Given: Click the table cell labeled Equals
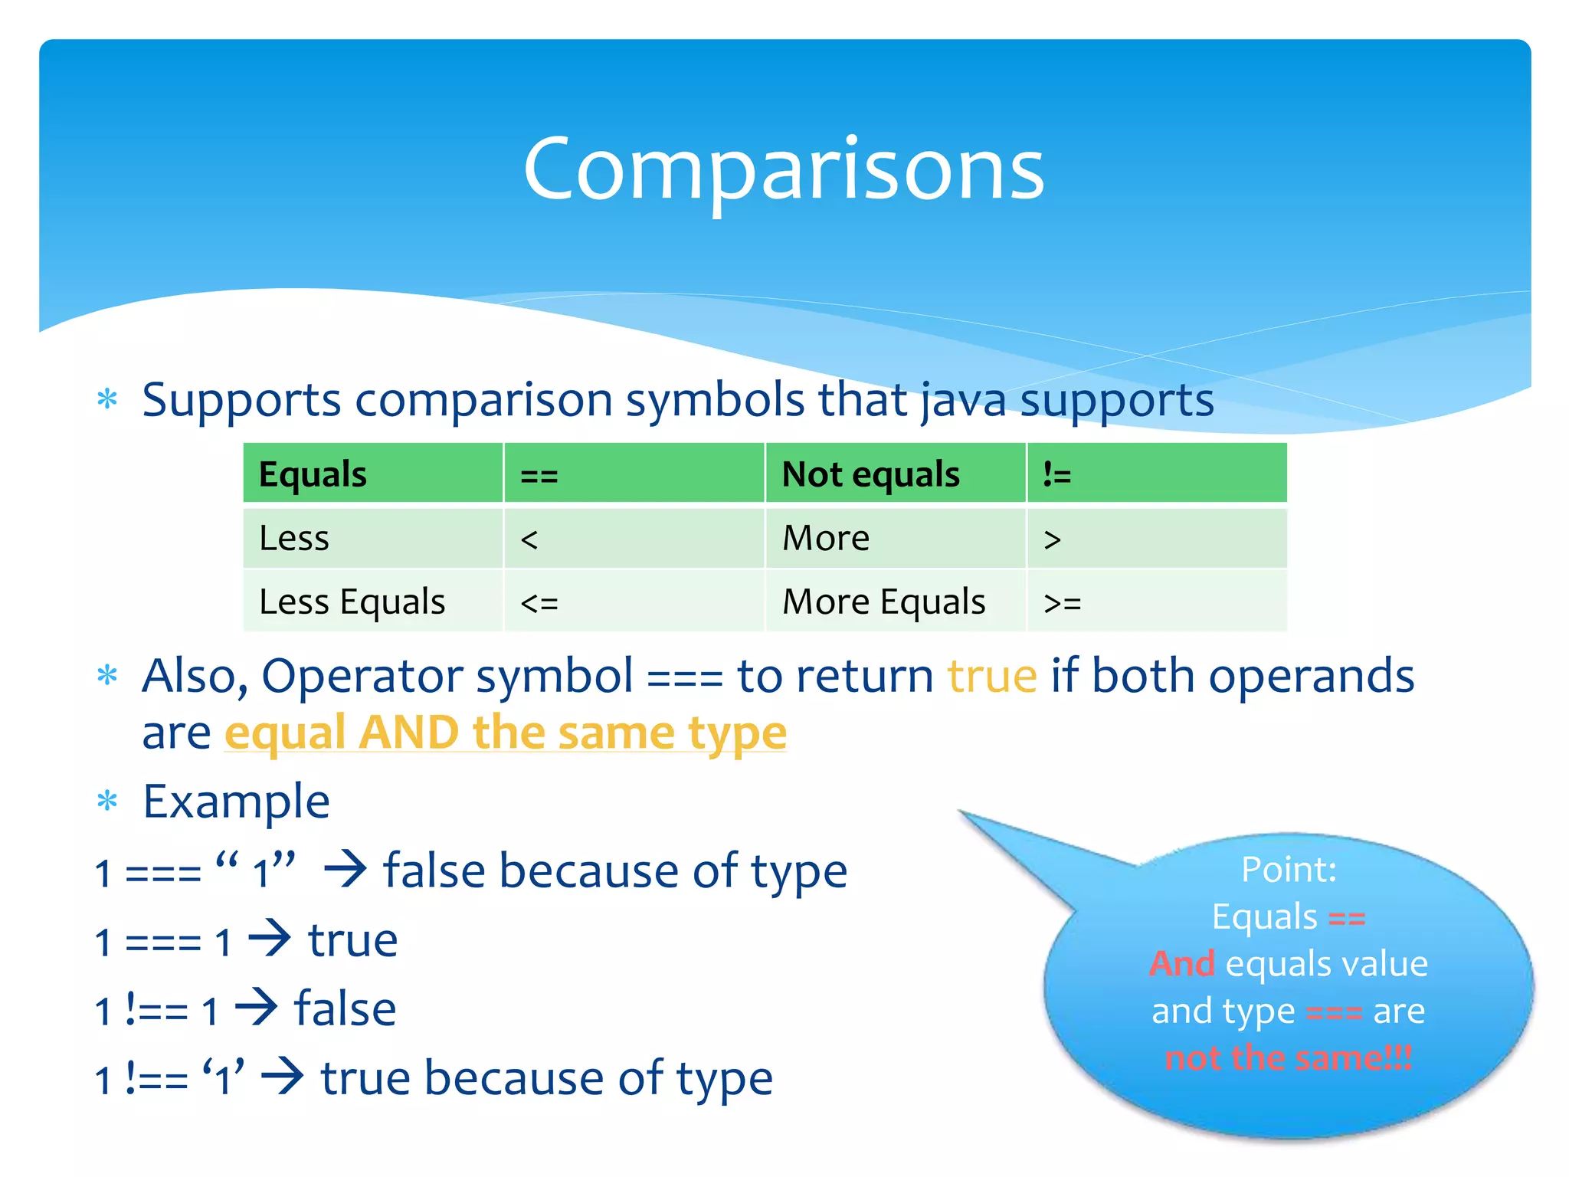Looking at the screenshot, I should tap(313, 474).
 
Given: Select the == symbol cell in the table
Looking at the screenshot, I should tap(539, 476).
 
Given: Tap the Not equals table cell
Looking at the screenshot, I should tap(870, 474).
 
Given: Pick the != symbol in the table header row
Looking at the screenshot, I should tap(1057, 476).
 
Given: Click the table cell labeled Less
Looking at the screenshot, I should tap(294, 538).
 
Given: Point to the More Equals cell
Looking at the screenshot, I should tap(883, 602).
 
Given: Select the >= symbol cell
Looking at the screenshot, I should tap(1063, 603).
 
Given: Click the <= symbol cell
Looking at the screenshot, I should tap(539, 603).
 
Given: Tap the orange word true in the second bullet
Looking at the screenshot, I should tap(992, 677).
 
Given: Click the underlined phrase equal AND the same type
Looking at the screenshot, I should tap(506, 733).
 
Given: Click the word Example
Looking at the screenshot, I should tap(236, 802).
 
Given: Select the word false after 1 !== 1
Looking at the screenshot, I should tap(346, 1009).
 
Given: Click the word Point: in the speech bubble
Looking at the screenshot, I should tap(1289, 870).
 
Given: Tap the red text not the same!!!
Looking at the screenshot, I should tap(1289, 1058).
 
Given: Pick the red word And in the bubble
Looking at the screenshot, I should tap(1182, 964).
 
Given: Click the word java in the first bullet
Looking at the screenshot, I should tap(963, 401).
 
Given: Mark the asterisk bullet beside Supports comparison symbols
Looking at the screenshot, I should tap(107, 399).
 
